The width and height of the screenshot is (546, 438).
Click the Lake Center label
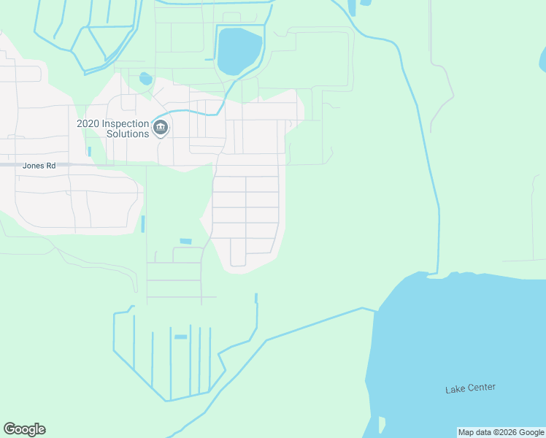(x=470, y=388)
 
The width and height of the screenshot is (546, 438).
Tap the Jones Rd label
(x=39, y=166)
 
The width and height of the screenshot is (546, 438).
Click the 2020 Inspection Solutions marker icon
(x=161, y=128)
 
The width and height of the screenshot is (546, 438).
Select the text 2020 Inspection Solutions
(x=113, y=128)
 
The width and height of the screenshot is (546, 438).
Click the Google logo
(x=24, y=429)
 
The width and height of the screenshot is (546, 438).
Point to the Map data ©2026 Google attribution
(x=501, y=432)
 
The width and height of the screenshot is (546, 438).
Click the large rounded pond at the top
(x=239, y=50)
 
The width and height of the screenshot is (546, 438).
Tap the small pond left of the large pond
(x=146, y=78)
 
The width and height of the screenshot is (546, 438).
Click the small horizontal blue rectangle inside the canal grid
(x=180, y=337)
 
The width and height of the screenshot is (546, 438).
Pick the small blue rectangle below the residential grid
(x=185, y=241)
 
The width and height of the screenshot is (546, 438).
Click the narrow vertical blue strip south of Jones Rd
(x=143, y=224)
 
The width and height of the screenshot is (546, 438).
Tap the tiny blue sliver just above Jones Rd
(x=89, y=152)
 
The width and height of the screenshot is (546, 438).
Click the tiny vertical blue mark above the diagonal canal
(x=256, y=298)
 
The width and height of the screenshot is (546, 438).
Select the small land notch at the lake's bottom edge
(x=381, y=425)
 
